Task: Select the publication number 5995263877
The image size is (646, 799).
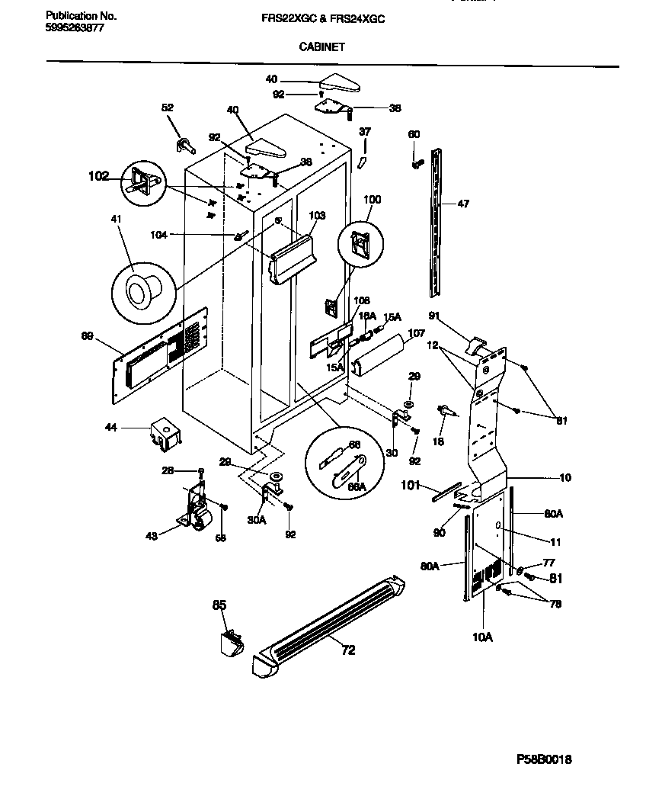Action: (x=75, y=27)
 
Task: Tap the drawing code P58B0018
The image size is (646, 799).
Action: (x=544, y=760)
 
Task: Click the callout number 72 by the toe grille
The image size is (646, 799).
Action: (x=347, y=650)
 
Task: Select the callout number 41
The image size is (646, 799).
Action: (x=116, y=220)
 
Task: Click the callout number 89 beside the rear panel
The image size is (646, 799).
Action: (x=88, y=335)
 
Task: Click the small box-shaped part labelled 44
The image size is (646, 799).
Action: (x=165, y=435)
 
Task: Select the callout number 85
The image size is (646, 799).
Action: (x=219, y=605)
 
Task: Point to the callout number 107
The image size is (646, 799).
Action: (x=417, y=333)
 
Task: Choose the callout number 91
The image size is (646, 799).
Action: (x=435, y=316)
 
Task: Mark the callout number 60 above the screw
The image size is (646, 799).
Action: (x=414, y=135)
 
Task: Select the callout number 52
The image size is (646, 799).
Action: (x=168, y=108)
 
